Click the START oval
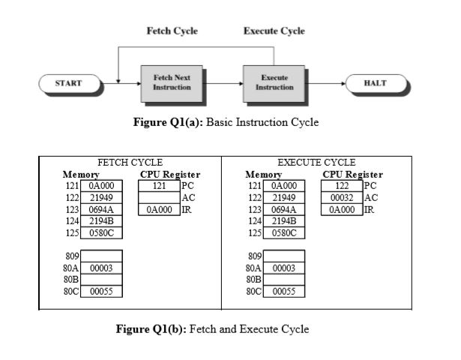69,82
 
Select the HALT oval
375,82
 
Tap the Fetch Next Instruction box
172,82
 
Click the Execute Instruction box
274,82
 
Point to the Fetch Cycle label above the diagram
172,31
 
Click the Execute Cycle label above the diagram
274,31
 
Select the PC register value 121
158,185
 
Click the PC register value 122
342,185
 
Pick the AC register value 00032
342,197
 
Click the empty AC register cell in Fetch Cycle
158,197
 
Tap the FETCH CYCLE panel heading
130,162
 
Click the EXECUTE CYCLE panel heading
316,162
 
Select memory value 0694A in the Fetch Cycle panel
101,209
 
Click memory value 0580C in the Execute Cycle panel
284,232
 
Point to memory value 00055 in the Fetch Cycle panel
101,292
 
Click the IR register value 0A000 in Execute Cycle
342,209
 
